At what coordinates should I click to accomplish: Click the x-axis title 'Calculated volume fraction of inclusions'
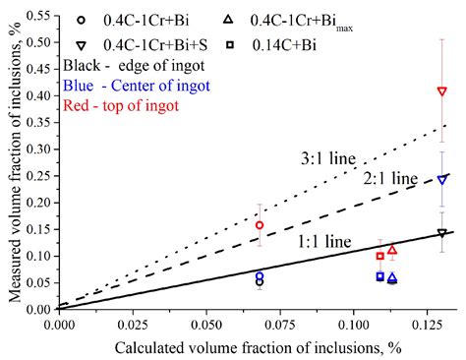(x=255, y=345)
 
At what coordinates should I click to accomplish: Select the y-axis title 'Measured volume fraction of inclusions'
(x=12, y=162)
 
